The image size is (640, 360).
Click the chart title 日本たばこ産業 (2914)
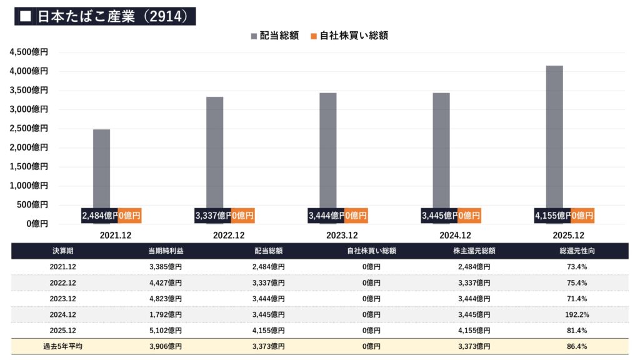[105, 16]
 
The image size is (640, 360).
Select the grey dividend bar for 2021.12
[102, 169]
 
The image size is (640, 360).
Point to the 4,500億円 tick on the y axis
[29, 52]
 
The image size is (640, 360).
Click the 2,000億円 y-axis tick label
[29, 147]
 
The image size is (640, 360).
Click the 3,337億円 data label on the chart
[213, 216]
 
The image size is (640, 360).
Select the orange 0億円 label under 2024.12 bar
[469, 216]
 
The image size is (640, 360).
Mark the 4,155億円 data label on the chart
[552, 216]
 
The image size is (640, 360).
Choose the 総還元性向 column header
[577, 251]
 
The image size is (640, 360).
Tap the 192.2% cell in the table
[577, 314]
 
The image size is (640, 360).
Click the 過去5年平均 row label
[62, 346]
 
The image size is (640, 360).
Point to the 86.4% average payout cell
[577, 346]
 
